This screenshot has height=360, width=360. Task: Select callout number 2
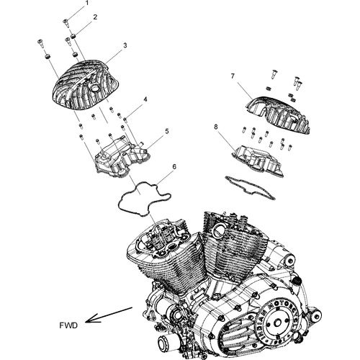(x=96, y=16)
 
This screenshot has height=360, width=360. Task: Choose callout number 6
(x=173, y=167)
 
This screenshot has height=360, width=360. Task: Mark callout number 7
(x=233, y=76)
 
